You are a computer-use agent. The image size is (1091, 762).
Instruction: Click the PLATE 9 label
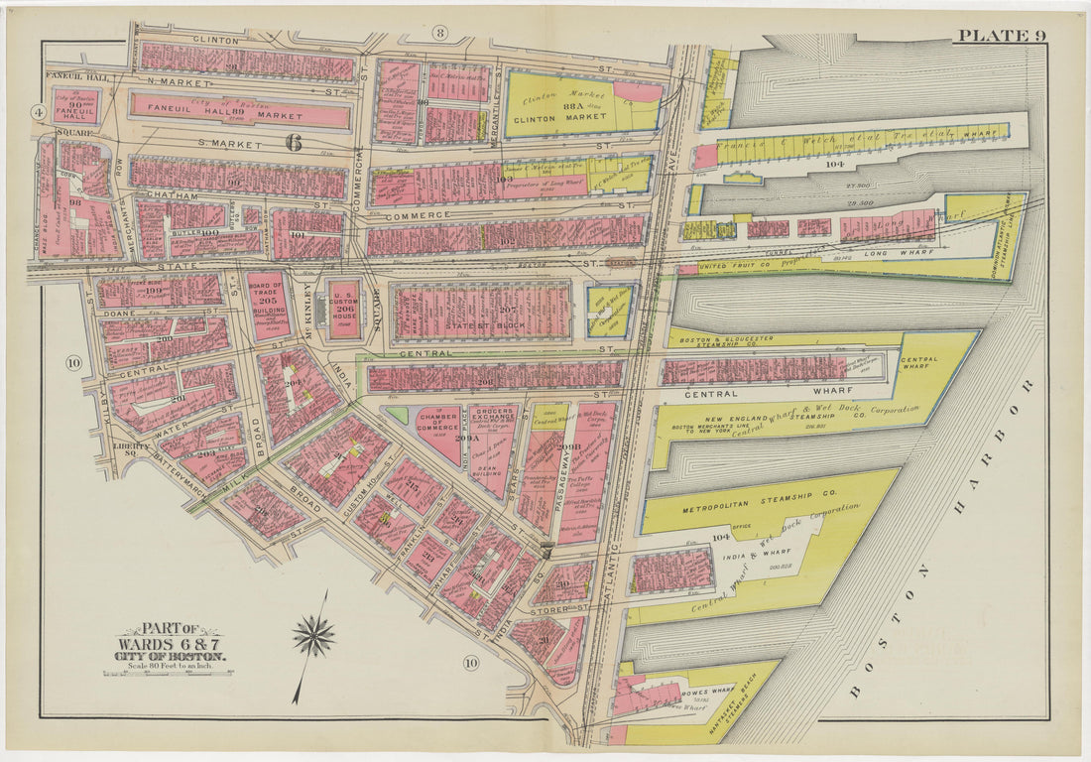[1000, 37]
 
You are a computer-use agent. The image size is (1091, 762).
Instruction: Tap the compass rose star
[313, 636]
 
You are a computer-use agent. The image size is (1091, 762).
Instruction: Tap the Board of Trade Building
[269, 305]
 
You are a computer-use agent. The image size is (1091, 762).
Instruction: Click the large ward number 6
[294, 143]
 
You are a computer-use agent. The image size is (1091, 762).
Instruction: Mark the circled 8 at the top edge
[439, 34]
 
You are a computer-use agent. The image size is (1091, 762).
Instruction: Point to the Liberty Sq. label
[131, 447]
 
